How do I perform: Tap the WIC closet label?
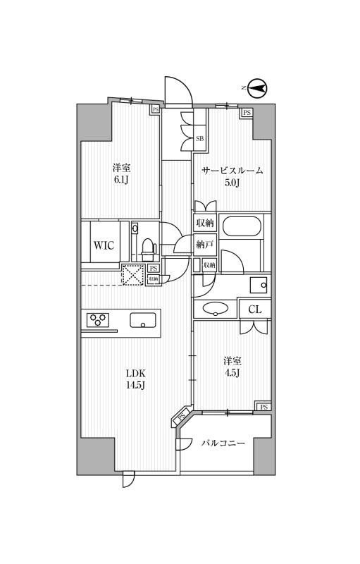coord(104,245)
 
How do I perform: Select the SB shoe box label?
coord(200,138)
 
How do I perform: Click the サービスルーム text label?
coord(232,171)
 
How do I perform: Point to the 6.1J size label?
coord(121,180)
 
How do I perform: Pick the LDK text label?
coord(135,373)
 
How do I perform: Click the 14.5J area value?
coord(135,386)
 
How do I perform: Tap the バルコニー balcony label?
coord(223,443)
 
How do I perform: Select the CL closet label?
coord(255,309)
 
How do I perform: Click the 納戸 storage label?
coord(205,245)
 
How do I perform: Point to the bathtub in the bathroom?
coord(242,226)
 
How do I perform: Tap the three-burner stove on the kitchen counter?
coord(98,320)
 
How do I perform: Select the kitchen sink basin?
coord(143,320)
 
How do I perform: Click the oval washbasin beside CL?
coord(215,308)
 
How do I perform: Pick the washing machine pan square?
coord(259,286)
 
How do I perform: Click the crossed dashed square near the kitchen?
coord(133,275)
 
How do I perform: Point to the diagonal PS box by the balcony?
coord(182,417)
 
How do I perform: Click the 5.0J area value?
coord(232,183)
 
